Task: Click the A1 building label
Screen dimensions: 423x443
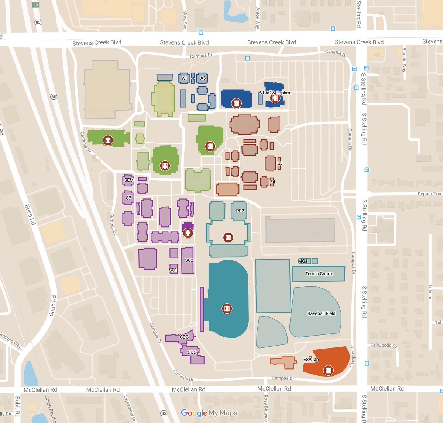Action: (185, 78)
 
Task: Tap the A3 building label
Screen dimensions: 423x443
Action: (203, 78)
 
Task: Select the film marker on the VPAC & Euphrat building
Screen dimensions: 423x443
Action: (274, 98)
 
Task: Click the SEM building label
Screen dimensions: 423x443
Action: (129, 180)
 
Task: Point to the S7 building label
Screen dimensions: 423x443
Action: (128, 198)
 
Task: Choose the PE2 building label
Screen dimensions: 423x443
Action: (240, 211)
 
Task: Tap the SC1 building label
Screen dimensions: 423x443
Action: (173, 270)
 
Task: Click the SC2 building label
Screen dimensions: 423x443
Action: (189, 260)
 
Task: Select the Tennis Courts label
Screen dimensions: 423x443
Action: (319, 274)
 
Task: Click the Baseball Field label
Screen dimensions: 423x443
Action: (321, 313)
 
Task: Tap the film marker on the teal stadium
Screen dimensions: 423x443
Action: (227, 308)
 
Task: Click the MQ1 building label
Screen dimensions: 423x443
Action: (303, 261)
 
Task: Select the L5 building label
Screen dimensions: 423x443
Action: (280, 163)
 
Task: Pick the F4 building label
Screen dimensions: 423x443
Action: (272, 182)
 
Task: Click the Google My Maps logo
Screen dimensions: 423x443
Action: (209, 413)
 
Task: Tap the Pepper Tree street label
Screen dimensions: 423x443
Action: (430, 194)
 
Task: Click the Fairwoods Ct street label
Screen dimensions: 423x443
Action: (384, 346)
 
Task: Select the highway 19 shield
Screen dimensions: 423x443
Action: (35, 5)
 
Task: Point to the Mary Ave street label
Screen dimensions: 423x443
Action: (185, 20)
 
